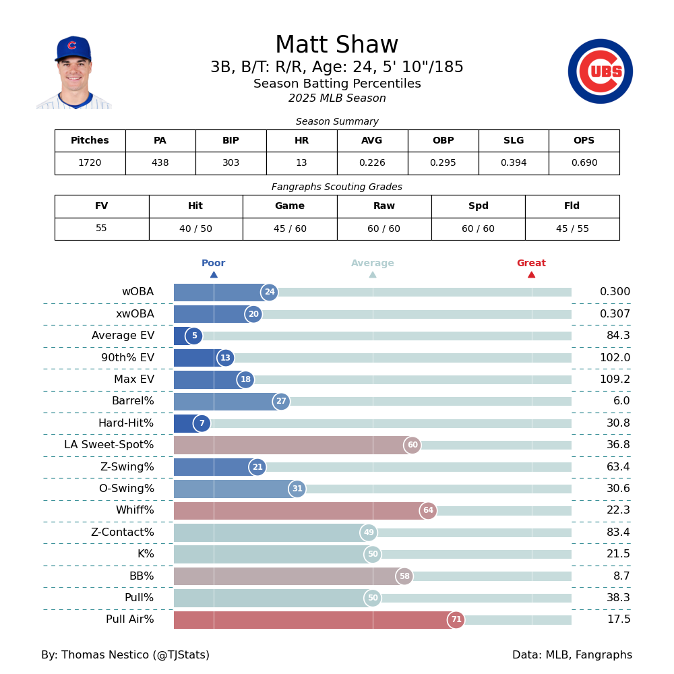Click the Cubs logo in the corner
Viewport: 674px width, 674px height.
[x=600, y=71]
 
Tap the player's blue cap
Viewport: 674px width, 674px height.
[x=73, y=49]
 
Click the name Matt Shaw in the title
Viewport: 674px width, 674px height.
[x=336, y=46]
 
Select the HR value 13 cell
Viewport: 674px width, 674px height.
[x=301, y=163]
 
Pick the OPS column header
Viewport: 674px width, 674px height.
[x=584, y=141]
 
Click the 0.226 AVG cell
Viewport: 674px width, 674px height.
[x=372, y=163]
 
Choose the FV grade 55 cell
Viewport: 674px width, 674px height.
[x=101, y=228]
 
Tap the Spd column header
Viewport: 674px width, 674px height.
[x=478, y=206]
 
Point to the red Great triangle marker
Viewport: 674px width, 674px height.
[x=531, y=274]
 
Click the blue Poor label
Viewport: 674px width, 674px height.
[x=213, y=264]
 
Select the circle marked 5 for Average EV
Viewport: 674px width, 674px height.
[x=194, y=336]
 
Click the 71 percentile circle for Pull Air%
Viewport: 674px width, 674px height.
[x=456, y=620]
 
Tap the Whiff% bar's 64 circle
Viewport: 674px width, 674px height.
[x=428, y=511]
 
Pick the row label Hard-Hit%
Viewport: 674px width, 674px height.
[x=126, y=423]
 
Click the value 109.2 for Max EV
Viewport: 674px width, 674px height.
[x=615, y=379]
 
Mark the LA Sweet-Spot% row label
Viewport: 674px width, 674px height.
[x=109, y=445]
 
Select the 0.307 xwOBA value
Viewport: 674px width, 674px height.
[x=615, y=314]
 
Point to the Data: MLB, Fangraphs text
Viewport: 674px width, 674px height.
[x=572, y=655]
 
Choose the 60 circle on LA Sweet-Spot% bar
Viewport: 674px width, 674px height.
[x=412, y=445]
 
